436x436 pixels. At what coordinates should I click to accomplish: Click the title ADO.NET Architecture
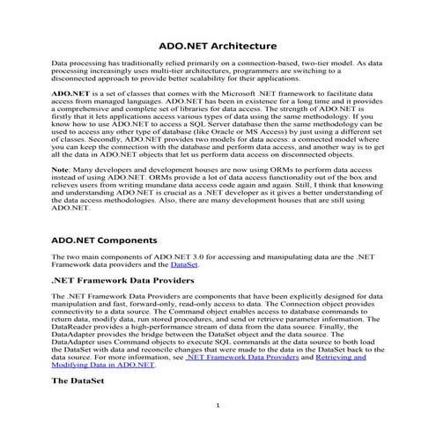pos(218,46)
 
